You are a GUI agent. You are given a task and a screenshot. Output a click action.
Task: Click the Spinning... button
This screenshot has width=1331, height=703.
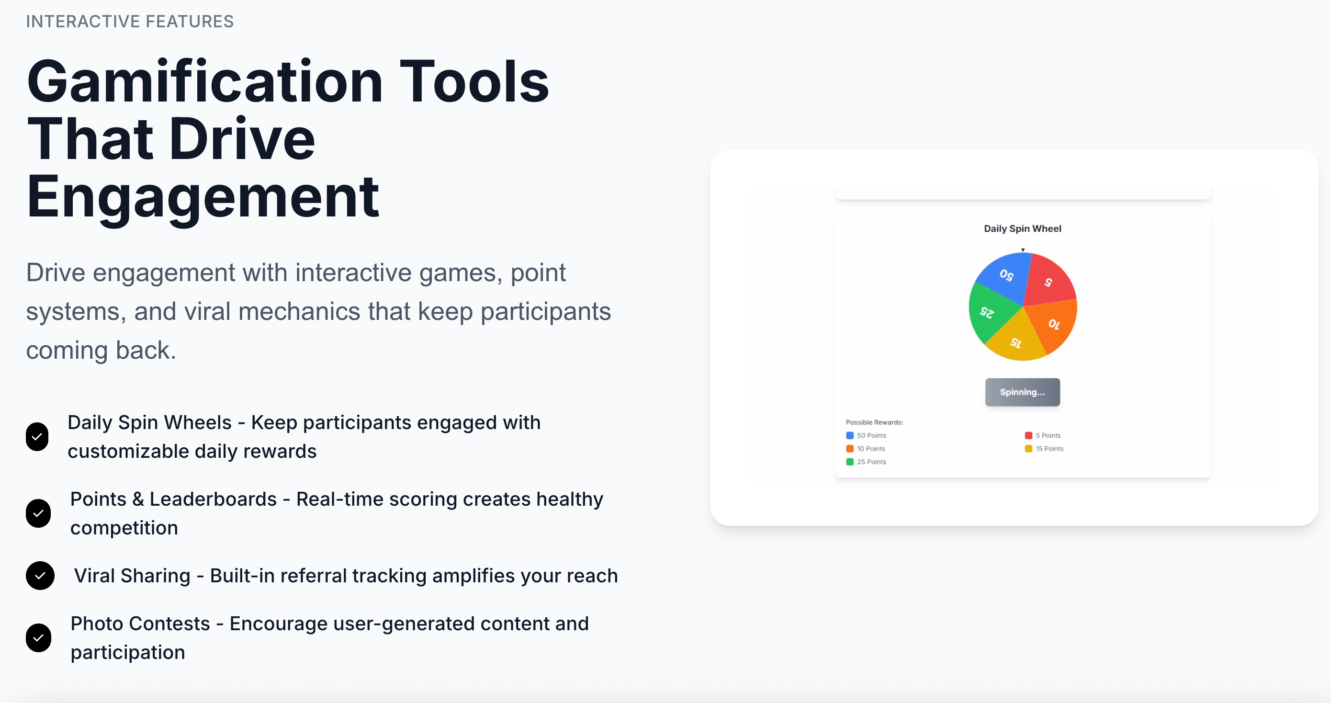tap(1022, 392)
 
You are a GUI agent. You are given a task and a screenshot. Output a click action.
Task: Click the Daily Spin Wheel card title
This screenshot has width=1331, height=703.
tap(1022, 228)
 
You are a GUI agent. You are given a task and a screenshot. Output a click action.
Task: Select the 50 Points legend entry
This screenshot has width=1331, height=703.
tap(866, 435)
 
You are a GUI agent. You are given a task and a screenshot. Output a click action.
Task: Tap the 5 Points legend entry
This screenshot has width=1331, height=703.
tap(1043, 435)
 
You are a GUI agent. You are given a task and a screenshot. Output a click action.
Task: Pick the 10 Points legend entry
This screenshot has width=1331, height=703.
tap(866, 449)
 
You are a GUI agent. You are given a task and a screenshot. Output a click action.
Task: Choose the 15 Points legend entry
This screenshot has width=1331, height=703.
tap(1044, 449)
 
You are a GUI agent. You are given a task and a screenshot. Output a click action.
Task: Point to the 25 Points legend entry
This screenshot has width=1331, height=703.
tap(866, 462)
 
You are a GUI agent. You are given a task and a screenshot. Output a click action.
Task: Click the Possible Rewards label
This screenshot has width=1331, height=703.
tap(874, 422)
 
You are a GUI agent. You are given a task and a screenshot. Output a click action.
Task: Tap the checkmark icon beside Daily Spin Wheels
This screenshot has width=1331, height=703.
tap(37, 437)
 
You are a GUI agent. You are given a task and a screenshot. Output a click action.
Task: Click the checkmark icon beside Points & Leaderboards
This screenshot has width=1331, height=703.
tap(38, 513)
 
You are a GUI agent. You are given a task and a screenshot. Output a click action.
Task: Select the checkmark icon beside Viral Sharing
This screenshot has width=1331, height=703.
tap(40, 575)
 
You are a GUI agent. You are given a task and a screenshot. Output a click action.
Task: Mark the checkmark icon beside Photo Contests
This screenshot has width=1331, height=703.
tap(39, 638)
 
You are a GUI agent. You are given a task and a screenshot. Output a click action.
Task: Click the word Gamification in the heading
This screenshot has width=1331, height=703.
tap(204, 82)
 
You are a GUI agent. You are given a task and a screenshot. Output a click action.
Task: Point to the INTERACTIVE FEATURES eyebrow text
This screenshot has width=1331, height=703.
tap(130, 21)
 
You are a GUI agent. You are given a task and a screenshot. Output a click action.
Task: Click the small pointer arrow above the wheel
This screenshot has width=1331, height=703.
tap(1023, 250)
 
